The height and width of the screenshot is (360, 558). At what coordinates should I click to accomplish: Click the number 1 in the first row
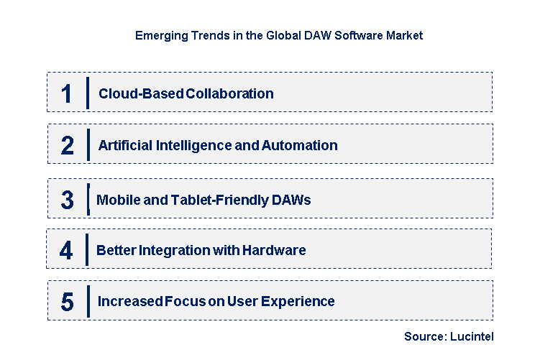click(x=67, y=93)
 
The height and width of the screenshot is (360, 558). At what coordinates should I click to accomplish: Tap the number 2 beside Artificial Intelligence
click(x=67, y=145)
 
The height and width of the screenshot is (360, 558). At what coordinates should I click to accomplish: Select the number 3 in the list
click(x=67, y=200)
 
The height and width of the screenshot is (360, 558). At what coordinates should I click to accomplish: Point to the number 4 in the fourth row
click(x=66, y=251)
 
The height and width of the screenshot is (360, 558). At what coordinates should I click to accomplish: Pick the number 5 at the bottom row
click(x=67, y=302)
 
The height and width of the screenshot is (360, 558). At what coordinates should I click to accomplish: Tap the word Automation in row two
click(x=300, y=145)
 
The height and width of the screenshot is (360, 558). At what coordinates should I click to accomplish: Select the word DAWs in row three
click(x=292, y=200)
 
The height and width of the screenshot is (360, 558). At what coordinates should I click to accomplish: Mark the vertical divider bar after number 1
click(x=87, y=93)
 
